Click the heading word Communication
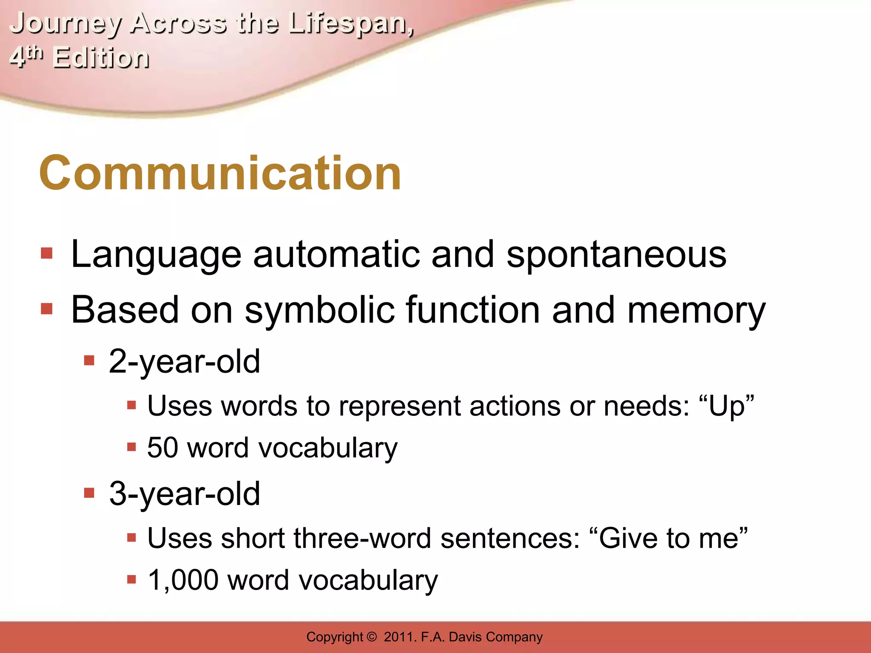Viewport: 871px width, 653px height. point(220,173)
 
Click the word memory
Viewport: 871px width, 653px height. point(696,311)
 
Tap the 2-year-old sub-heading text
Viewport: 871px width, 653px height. point(184,361)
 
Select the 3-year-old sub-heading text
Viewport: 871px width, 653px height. point(184,494)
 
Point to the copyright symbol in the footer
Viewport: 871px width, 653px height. point(371,637)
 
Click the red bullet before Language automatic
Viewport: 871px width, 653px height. point(46,254)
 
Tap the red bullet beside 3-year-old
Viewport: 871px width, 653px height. point(89,493)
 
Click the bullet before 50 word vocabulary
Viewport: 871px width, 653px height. point(131,447)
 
